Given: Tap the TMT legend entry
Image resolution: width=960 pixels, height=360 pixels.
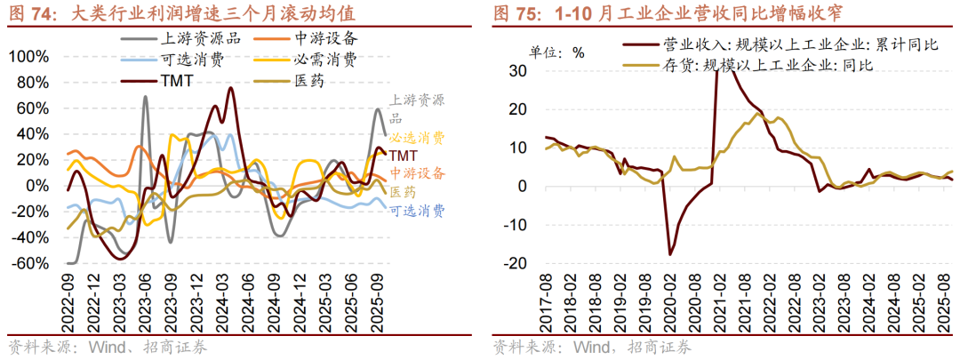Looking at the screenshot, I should point(178,82).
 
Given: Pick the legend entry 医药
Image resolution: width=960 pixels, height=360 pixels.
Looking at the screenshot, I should point(306,82).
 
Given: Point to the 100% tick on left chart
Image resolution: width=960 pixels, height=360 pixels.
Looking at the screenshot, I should point(28,56).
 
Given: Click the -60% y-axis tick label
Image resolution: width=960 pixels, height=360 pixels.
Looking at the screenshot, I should point(30,264).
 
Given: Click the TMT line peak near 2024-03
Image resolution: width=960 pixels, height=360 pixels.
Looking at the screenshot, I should point(230,88).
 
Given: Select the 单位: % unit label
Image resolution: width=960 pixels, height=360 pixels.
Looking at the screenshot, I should point(557,51).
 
